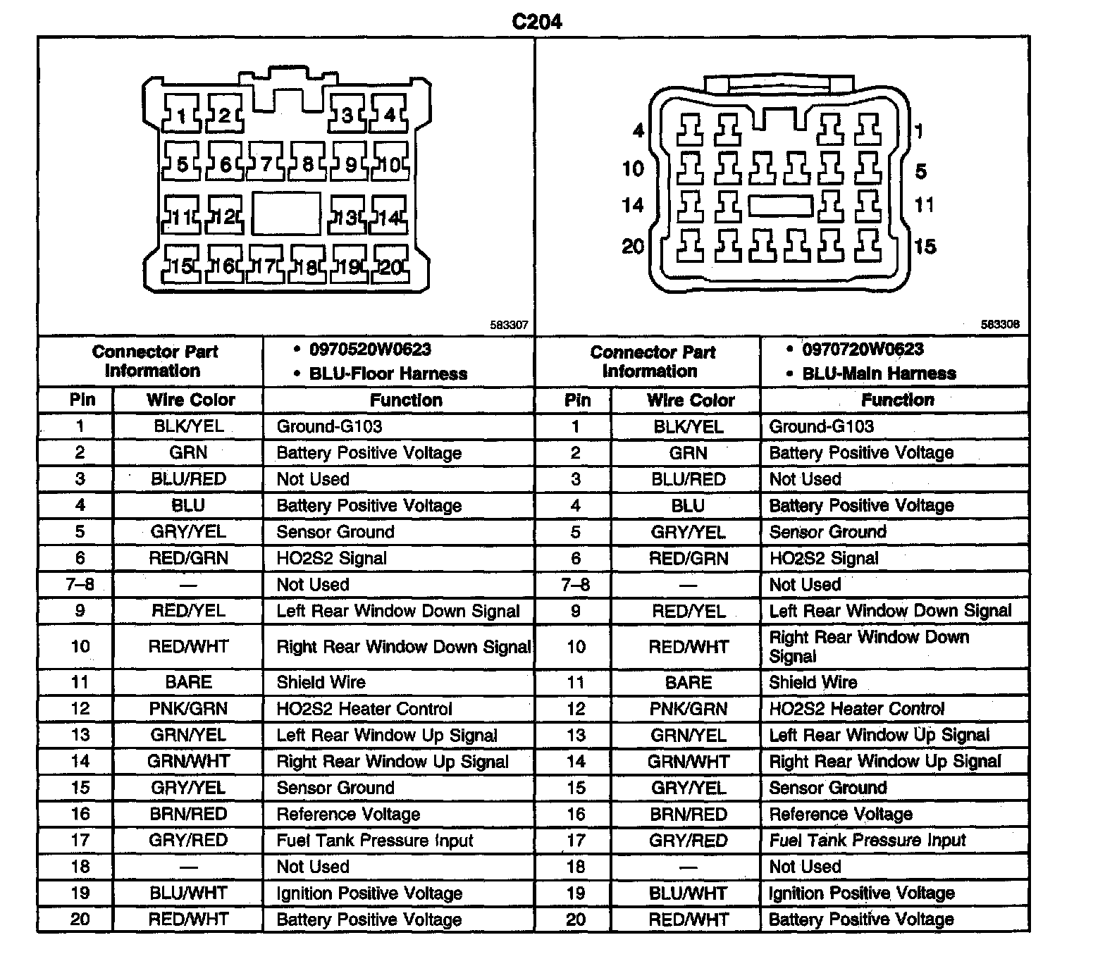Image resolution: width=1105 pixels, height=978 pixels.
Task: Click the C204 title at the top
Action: [537, 22]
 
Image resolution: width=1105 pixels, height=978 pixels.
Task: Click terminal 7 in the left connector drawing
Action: [266, 164]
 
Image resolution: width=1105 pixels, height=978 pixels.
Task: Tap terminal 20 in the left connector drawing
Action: [390, 266]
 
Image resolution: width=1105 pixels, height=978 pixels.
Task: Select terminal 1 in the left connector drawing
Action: [182, 115]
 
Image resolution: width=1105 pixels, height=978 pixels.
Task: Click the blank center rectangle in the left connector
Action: [286, 213]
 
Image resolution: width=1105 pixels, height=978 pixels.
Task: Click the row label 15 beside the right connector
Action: [925, 247]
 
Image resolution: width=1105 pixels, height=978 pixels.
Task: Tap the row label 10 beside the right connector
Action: [633, 169]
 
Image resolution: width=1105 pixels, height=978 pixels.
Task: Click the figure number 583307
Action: [509, 326]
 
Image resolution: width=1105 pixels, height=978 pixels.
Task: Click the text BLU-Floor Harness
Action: [388, 373]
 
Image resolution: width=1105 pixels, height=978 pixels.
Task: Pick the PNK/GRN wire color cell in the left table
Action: [188, 709]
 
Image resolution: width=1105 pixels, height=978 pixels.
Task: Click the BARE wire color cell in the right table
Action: [689, 682]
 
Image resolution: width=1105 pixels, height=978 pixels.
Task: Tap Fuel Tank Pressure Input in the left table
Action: [375, 841]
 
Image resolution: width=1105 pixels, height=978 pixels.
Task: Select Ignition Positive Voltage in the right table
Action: [862, 893]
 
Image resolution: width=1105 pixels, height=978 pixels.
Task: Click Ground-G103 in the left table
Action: [329, 426]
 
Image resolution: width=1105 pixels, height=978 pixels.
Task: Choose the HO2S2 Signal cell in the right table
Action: [824, 559]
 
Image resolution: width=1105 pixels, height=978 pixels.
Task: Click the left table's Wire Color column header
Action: [190, 400]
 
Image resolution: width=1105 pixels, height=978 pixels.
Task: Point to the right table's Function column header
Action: [897, 400]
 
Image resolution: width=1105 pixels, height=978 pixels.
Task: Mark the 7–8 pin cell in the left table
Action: [80, 585]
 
